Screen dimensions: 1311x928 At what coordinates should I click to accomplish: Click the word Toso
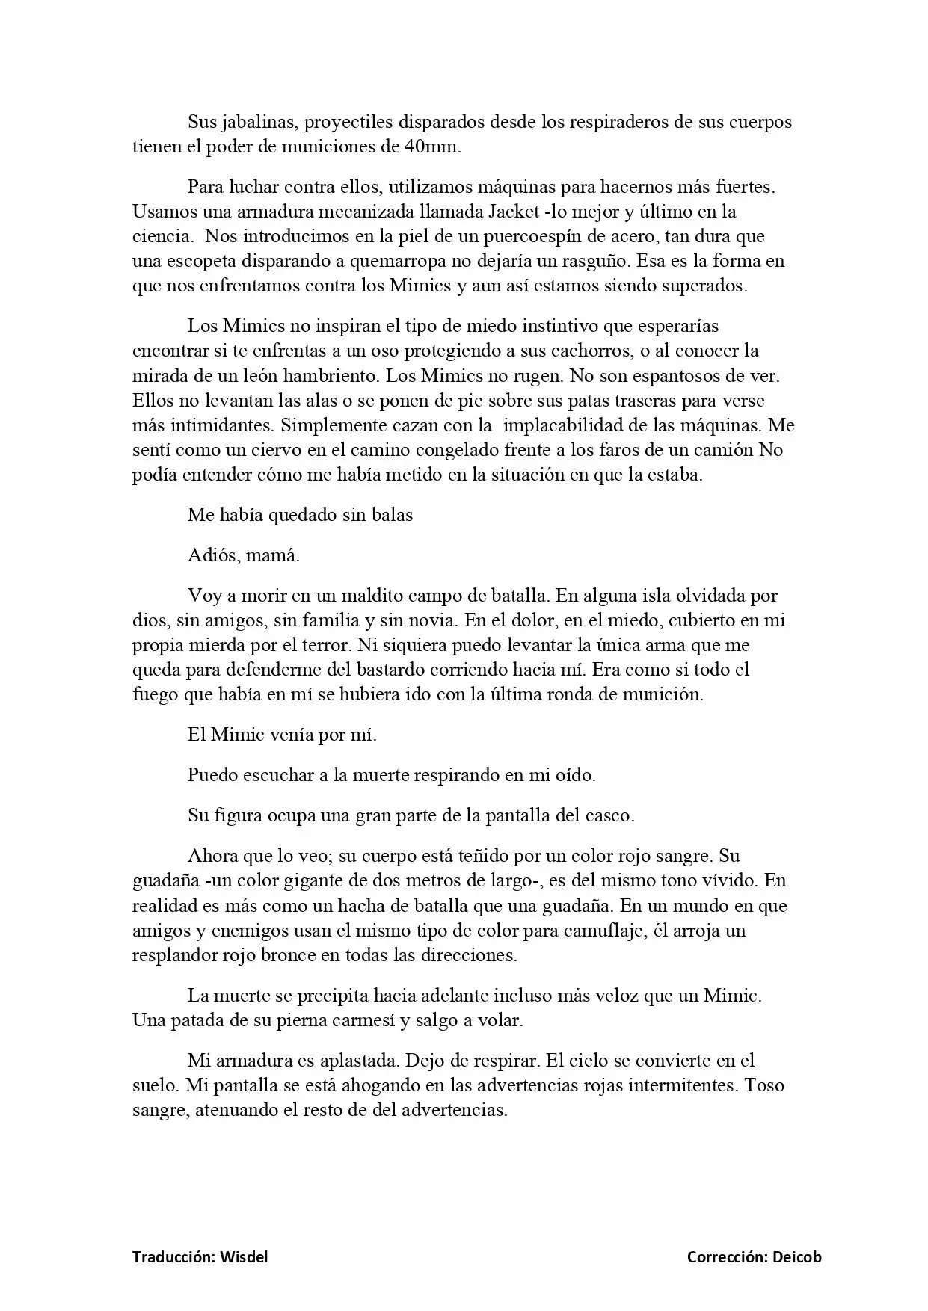[x=765, y=1085]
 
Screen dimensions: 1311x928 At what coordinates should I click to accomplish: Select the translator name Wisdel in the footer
[x=244, y=1257]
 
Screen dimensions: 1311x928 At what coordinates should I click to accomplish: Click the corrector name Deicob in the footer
[x=797, y=1257]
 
